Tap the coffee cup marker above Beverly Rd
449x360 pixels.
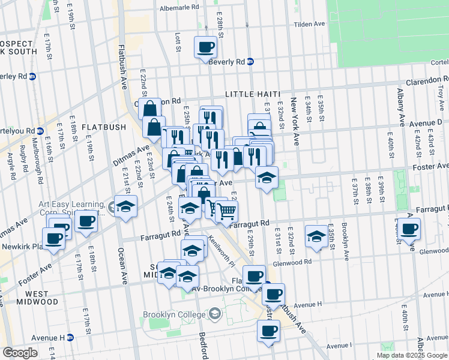(205, 47)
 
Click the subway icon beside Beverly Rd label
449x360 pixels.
(251, 61)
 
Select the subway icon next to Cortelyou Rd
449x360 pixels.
(40, 131)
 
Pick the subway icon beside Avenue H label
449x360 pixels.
(70, 337)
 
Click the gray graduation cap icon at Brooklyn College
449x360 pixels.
(214, 314)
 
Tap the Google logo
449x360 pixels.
(20, 353)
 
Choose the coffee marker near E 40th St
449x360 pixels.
(409, 229)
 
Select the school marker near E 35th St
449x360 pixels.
(316, 236)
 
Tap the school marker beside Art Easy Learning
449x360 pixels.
(126, 206)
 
